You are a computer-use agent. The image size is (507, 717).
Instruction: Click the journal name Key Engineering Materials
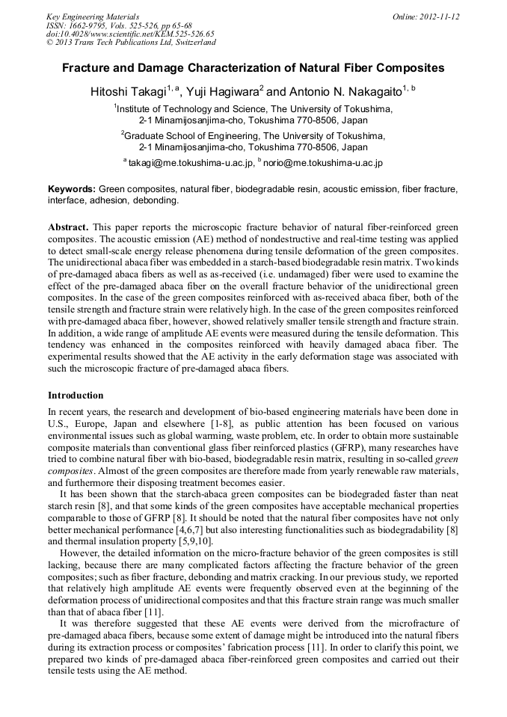93,16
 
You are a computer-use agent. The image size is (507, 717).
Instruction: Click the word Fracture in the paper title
87,68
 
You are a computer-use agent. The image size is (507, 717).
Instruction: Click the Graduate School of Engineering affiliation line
254,136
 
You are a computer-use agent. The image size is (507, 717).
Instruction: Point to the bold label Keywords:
72,190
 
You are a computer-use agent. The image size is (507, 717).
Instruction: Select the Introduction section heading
76,395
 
